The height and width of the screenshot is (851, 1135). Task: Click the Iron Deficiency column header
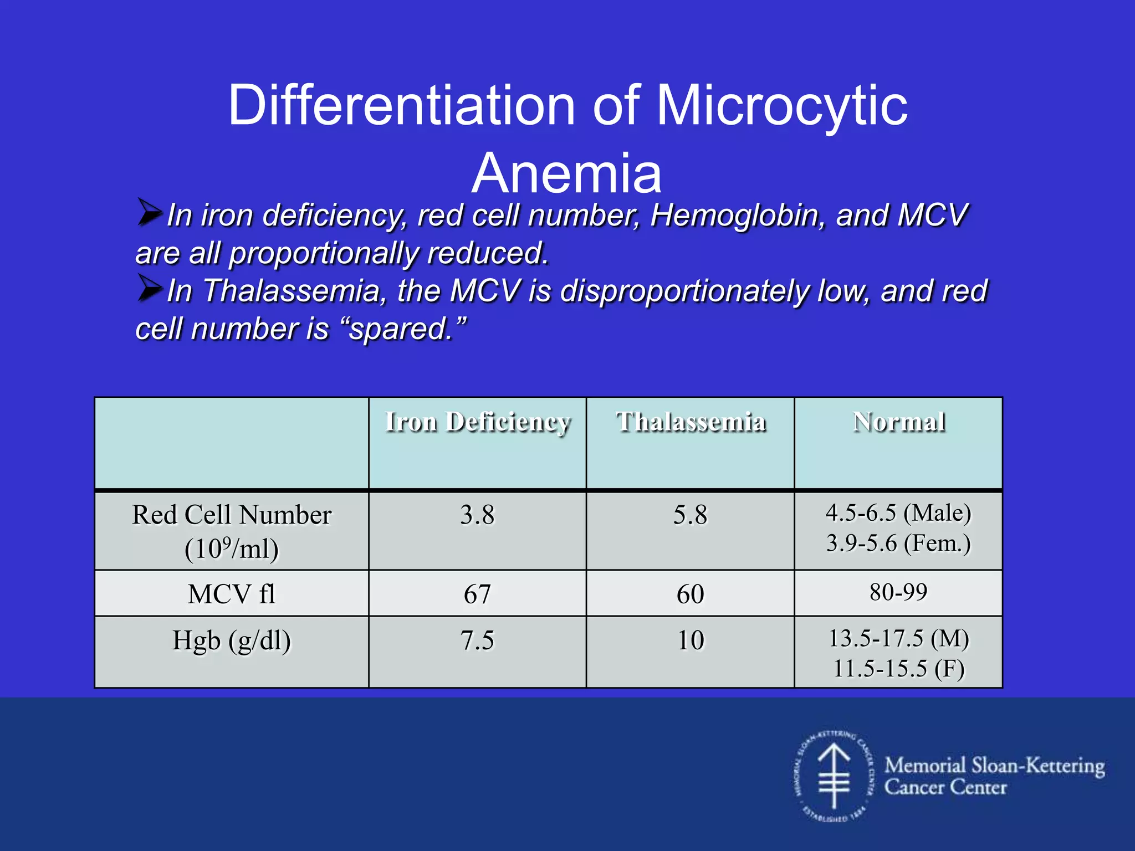click(x=477, y=422)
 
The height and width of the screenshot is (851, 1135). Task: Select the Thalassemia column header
click(x=691, y=422)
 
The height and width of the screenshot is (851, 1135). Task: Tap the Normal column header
click(x=898, y=422)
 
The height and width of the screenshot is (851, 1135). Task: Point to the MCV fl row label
click(x=232, y=594)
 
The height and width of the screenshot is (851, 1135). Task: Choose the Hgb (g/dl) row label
click(x=232, y=640)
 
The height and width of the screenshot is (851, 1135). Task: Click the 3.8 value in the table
click(x=477, y=515)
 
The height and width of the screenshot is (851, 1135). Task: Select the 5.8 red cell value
click(x=691, y=515)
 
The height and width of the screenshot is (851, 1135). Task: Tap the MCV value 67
click(x=477, y=594)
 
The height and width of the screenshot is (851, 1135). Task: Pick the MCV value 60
click(x=691, y=594)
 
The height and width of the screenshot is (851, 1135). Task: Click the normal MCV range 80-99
click(x=898, y=592)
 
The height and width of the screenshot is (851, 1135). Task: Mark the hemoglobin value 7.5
click(x=477, y=640)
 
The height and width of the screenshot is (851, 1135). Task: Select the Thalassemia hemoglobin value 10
click(x=691, y=640)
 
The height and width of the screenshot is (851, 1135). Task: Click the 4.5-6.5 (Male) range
click(x=898, y=513)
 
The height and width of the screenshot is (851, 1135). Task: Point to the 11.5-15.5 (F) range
click(x=898, y=669)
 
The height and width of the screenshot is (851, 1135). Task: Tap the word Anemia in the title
click(x=566, y=174)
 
